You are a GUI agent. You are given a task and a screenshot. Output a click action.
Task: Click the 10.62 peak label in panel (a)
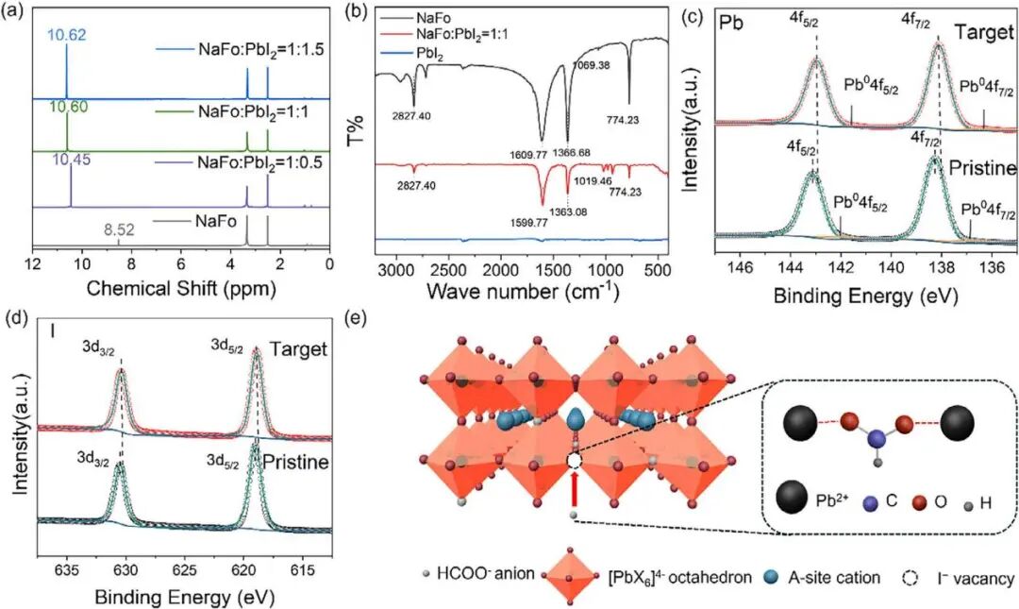point(67,34)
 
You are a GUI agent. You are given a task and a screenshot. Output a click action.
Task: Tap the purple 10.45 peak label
point(70,161)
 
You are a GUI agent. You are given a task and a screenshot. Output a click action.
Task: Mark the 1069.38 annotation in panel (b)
point(591,65)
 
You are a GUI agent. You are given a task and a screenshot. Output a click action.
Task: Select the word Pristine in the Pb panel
point(982,168)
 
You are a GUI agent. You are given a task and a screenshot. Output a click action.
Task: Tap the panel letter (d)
point(16,319)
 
